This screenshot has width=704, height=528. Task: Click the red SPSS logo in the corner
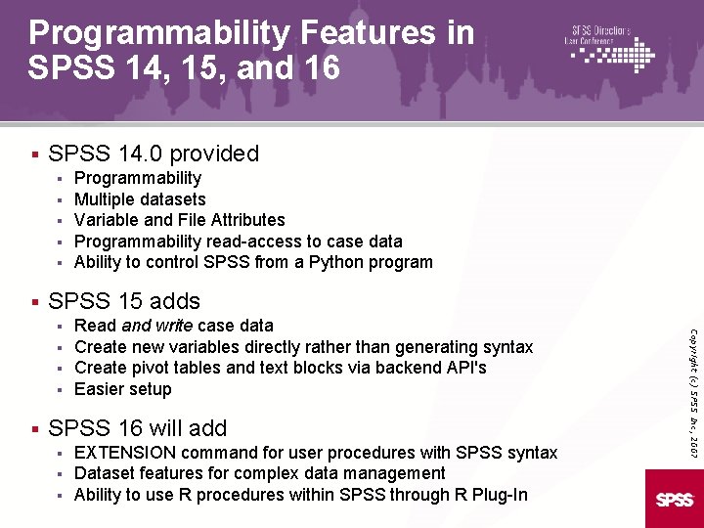pyautogui.click(x=675, y=499)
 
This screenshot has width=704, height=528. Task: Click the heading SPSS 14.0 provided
pyautogui.click(x=154, y=154)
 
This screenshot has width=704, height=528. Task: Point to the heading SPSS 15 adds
pyautogui.click(x=124, y=301)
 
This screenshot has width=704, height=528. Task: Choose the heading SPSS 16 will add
pyautogui.click(x=137, y=428)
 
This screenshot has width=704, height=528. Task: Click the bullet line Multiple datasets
pyautogui.click(x=140, y=199)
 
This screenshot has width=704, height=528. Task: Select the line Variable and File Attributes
pyautogui.click(x=180, y=220)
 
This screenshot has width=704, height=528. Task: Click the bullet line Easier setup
pyautogui.click(x=123, y=389)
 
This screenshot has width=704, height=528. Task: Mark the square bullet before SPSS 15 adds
pyautogui.click(x=34, y=301)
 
